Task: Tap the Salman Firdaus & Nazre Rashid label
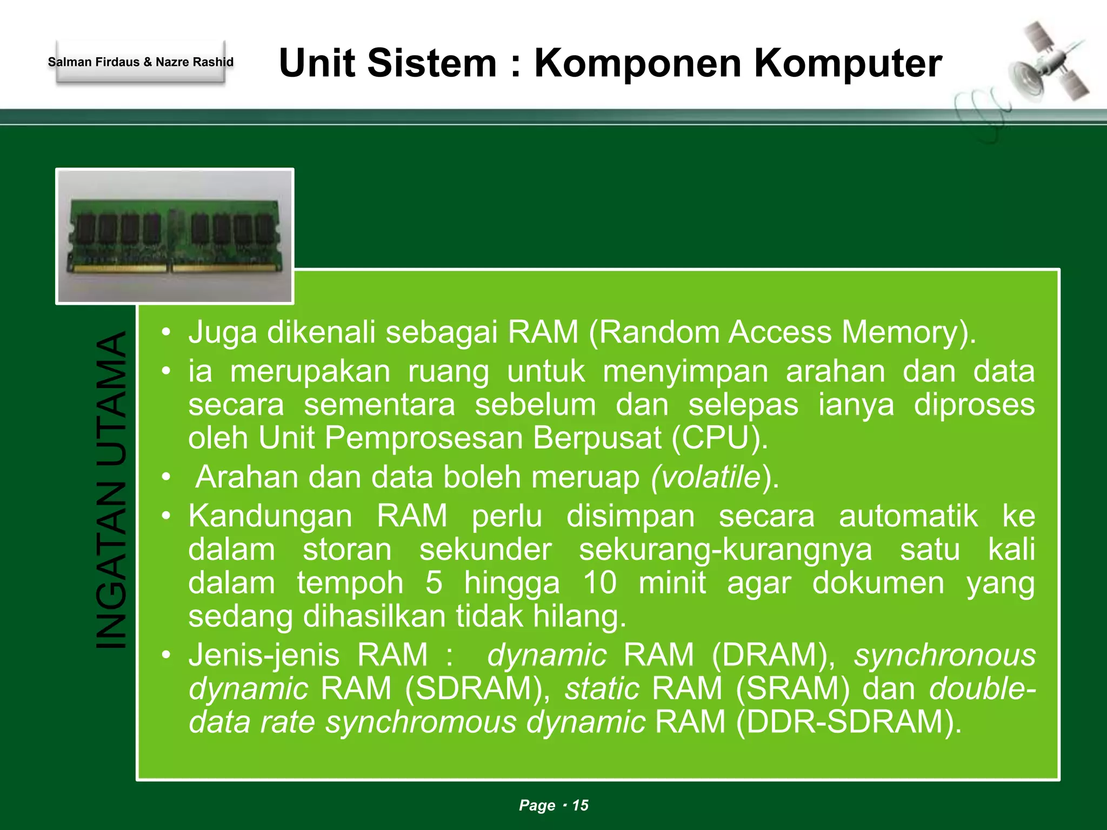pyautogui.click(x=141, y=62)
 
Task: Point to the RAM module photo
pyautogui.click(x=175, y=236)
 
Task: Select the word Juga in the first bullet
pyautogui.click(x=222, y=332)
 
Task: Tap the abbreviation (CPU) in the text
pyautogui.click(x=719, y=438)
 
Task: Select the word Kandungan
pyautogui.click(x=270, y=516)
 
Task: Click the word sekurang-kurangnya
pyautogui.click(x=725, y=550)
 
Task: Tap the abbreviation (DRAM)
pyautogui.click(x=773, y=655)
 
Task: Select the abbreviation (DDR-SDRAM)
pyautogui.click(x=849, y=722)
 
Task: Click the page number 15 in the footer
pyautogui.click(x=580, y=805)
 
